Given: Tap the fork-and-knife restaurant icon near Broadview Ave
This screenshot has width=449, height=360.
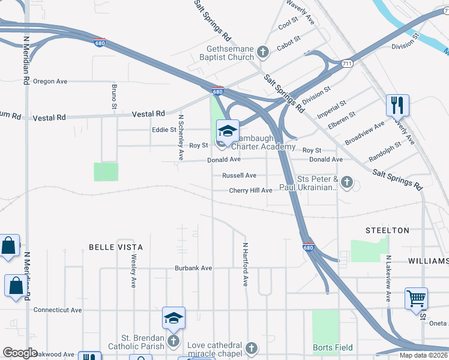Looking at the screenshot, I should pos(397,106).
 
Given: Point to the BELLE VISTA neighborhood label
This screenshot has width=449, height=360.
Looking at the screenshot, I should pos(116,247).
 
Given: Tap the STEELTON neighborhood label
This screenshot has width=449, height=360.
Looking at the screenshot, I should pos(387,230).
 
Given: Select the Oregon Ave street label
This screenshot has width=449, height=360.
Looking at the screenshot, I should pos(50,81).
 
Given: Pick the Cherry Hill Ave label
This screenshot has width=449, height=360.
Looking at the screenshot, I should pos(251,190).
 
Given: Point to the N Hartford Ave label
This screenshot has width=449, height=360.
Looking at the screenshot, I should pos(245,264).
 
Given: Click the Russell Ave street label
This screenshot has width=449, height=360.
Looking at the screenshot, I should pos(239,176).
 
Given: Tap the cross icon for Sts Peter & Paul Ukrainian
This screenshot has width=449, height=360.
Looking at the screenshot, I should pos(346,181).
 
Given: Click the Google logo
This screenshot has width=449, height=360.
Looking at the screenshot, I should pos(20,353).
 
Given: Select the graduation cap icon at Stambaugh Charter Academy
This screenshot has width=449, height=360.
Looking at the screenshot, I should pos(228,131).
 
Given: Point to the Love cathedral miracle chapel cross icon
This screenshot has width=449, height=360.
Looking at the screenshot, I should pos(252,348).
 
